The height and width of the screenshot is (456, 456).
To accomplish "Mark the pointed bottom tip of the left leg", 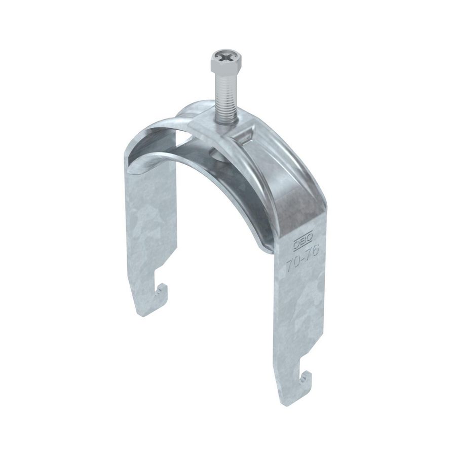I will [143, 314].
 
